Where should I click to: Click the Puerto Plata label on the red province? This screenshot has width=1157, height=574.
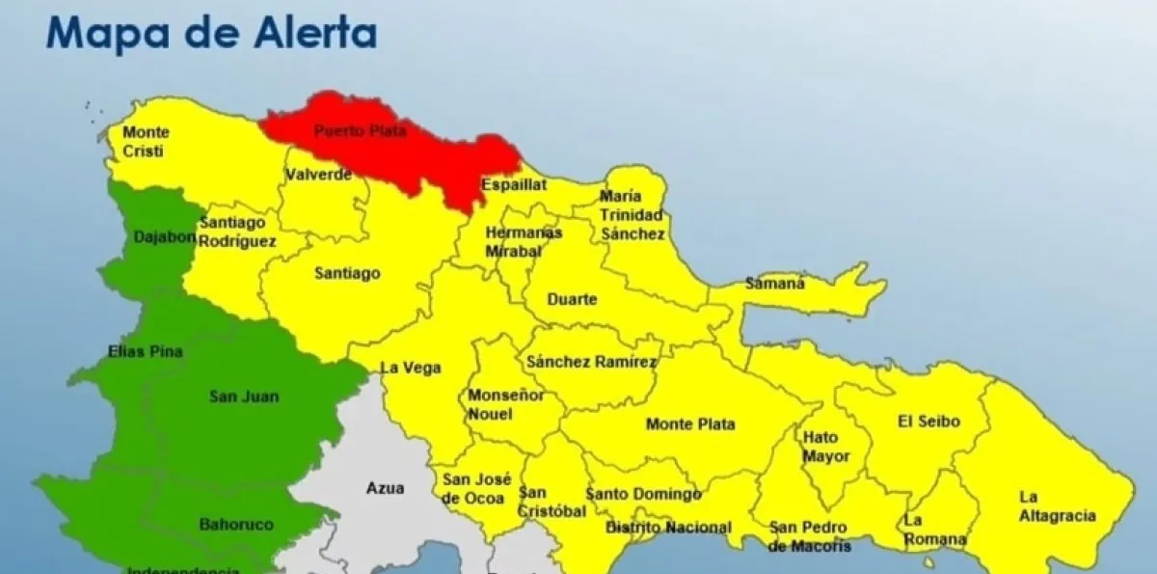(361, 130)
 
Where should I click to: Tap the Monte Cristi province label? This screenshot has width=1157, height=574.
(147, 142)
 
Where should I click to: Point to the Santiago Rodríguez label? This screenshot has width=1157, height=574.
(237, 232)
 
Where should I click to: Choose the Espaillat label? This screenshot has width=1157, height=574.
(514, 184)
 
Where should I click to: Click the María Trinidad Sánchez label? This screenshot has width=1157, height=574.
(632, 215)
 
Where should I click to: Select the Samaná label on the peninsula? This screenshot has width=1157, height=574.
(775, 284)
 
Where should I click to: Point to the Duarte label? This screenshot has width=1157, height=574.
(572, 299)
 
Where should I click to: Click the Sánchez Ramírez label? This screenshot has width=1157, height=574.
(591, 363)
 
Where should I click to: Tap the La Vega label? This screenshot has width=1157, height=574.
(411, 368)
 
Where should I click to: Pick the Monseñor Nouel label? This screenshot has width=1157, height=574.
(505, 405)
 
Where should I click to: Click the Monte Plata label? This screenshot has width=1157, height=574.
(690, 424)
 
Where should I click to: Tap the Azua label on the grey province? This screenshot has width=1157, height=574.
(385, 488)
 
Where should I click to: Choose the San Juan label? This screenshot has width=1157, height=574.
(243, 396)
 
